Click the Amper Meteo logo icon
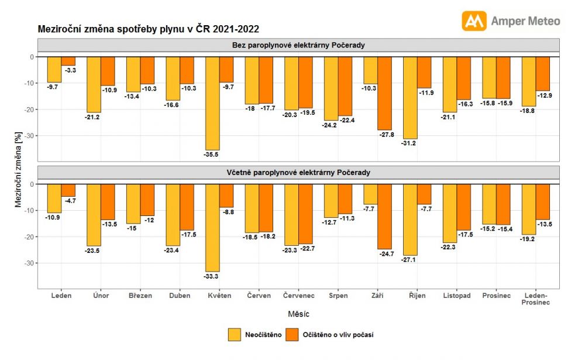pos(474,20)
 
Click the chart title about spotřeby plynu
pos(149,28)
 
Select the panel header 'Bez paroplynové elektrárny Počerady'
pos(298,45)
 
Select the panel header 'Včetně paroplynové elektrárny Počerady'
pos(298,173)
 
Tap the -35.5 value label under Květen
pos(212,155)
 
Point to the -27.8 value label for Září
pos(385,135)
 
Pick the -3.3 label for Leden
pos(69,70)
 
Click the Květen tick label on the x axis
pos(219,296)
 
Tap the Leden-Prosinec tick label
pos(536,299)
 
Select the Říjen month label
pos(417,296)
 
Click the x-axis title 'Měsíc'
pos(298,314)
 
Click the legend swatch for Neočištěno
pos(235,335)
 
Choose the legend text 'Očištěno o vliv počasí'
pos(338,335)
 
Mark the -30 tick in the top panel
pos(28,136)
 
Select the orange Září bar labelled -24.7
pos(384,217)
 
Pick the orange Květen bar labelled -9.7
pos(226,70)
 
